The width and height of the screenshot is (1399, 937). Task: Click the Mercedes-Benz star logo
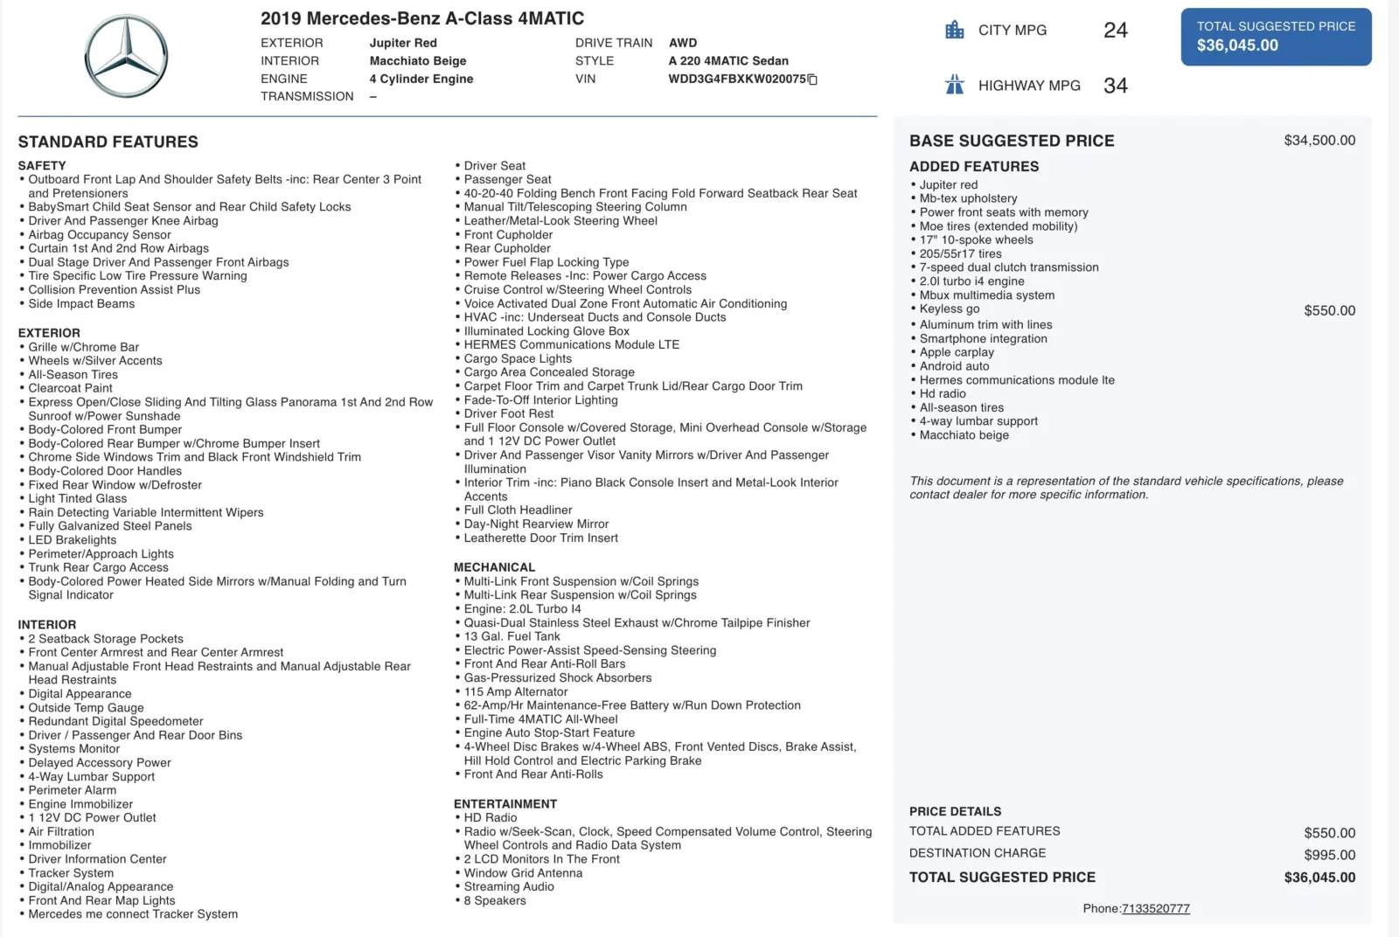point(127,56)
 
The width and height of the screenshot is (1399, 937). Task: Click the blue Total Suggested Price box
point(1276,37)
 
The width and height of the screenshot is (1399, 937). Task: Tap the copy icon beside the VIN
point(812,80)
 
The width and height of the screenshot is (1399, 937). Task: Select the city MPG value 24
point(1115,31)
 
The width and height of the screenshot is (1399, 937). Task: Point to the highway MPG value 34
point(1115,86)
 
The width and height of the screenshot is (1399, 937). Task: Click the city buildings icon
point(954,31)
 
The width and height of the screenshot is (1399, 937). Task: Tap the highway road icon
point(954,85)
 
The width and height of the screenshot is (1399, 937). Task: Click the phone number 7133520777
point(1155,909)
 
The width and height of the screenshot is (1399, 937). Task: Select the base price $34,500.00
point(1319,141)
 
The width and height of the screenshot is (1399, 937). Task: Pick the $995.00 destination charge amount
point(1329,855)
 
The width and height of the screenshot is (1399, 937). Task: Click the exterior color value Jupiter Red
point(403,43)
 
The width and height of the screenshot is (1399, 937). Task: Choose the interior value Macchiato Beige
point(417,61)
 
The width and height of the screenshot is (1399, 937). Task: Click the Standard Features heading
point(108,142)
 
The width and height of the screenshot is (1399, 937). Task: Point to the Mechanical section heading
point(494,567)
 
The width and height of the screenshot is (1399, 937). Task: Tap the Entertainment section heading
point(505,804)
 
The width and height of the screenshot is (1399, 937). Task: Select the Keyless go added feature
point(949,309)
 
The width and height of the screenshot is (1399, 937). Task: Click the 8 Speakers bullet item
point(494,901)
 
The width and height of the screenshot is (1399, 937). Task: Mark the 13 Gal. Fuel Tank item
point(512,636)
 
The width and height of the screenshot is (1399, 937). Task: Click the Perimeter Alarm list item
point(72,790)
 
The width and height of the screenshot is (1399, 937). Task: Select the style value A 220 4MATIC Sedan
point(727,61)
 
